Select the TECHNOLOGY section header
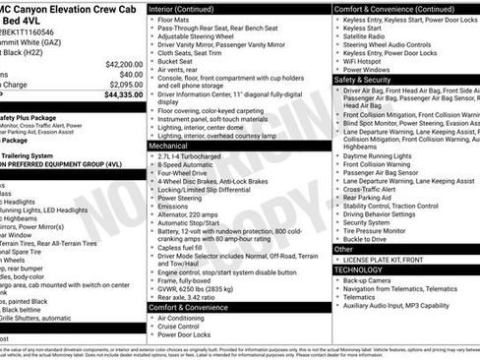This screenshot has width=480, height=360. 358,269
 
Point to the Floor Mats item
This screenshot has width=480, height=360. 175,19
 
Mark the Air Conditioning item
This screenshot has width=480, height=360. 184,319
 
